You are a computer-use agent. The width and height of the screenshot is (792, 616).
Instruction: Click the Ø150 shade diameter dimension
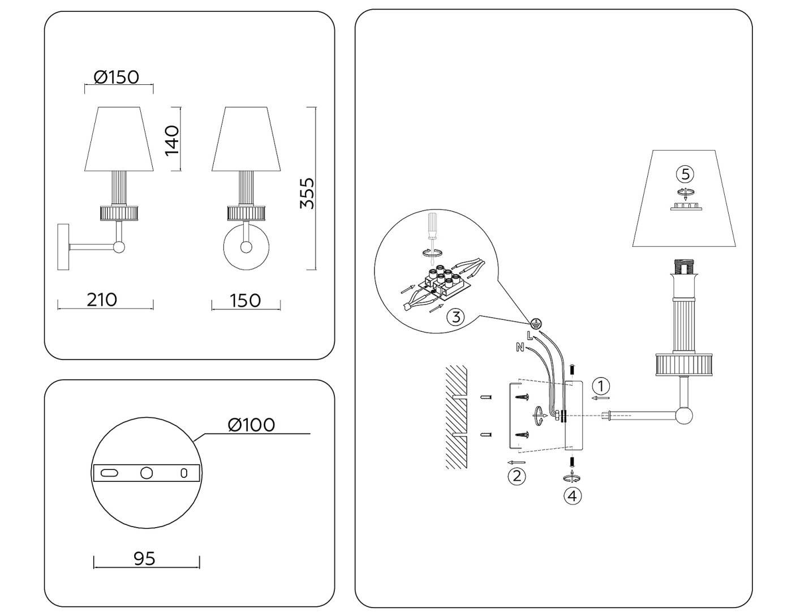pos(117,76)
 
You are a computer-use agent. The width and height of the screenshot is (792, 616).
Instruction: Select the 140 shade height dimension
pos(171,140)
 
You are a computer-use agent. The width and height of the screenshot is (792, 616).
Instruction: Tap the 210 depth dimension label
pos(102,299)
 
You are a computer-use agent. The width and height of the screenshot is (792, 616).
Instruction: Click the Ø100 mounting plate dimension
pos(251,424)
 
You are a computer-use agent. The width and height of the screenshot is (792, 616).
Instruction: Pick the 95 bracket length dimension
pos(144,558)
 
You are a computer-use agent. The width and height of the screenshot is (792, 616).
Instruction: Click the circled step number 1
pos(601,386)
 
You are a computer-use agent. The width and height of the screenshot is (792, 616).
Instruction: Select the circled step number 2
pos(516,476)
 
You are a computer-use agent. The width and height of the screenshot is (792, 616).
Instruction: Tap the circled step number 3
pos(456,317)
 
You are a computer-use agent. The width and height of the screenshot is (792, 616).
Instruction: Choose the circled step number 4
pos(573,496)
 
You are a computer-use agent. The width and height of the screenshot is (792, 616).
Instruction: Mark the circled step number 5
pos(685,173)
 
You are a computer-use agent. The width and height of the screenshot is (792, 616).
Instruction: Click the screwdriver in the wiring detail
pos(433,229)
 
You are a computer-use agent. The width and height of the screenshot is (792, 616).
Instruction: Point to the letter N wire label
pos(520,348)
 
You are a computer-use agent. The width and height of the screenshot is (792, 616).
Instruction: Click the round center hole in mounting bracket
pos(147,472)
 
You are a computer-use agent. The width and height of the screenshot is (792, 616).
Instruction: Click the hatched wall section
pos(456,417)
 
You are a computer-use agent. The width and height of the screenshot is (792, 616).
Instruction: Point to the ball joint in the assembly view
pos(684,416)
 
